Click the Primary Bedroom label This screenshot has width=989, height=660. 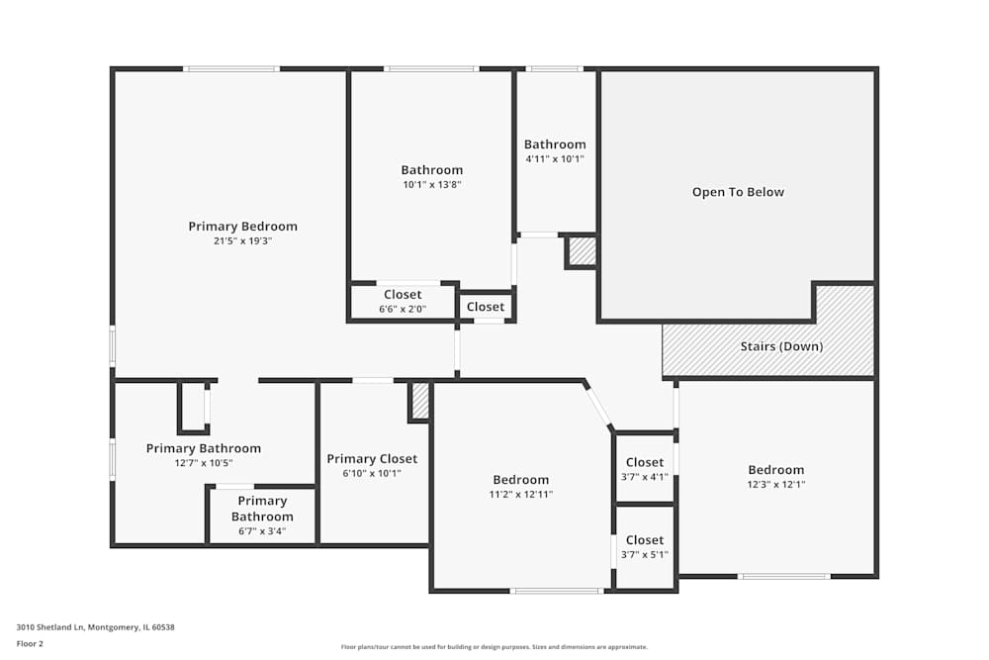[x=242, y=227]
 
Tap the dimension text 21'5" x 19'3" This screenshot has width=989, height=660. [x=242, y=241]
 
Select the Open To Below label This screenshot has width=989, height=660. [x=738, y=192]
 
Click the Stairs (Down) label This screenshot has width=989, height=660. [x=781, y=346]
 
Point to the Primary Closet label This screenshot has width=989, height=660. [x=372, y=459]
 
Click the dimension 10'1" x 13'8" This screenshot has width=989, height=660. [x=431, y=184]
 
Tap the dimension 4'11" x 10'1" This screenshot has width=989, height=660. [x=555, y=158]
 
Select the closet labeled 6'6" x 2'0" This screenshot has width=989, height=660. [x=403, y=302]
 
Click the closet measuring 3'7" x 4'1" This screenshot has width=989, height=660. [x=645, y=469]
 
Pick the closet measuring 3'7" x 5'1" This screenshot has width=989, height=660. [x=645, y=547]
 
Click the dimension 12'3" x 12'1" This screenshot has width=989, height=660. [x=775, y=484]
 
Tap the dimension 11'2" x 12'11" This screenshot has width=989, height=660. [x=520, y=494]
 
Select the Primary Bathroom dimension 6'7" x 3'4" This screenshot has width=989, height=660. [x=262, y=530]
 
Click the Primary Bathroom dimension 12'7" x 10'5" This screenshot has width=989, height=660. [x=204, y=463]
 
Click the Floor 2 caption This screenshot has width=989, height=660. [x=30, y=643]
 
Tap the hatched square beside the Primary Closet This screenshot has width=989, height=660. [x=419, y=401]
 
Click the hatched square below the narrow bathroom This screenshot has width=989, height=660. [x=582, y=252]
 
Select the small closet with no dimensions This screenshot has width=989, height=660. [x=486, y=307]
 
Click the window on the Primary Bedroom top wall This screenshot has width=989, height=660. [x=231, y=68]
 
